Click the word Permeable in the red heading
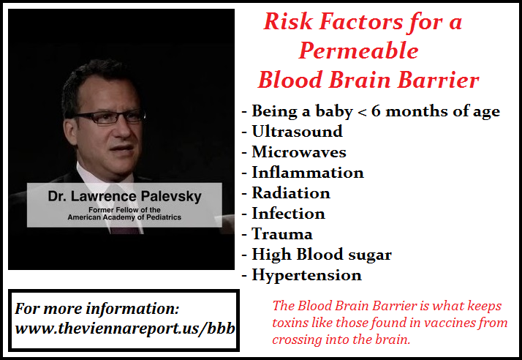click(358, 51)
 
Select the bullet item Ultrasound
click(297, 131)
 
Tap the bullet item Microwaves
click(299, 152)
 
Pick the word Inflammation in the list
click(308, 173)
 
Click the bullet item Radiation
click(291, 193)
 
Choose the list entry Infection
click(288, 214)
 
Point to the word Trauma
click(282, 234)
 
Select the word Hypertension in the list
click(306, 275)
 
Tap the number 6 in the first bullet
click(376, 110)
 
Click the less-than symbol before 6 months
click(362, 112)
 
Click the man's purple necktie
click(125, 230)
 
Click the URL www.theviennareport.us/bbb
click(125, 329)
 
